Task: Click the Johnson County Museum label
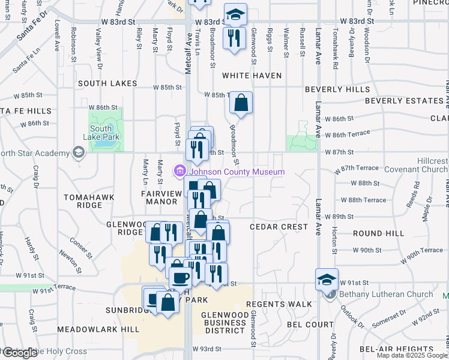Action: tap(237, 172)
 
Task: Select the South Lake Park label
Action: tap(105, 133)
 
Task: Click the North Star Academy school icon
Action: tap(77, 154)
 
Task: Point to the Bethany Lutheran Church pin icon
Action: tap(330, 294)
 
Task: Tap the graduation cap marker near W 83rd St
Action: tap(235, 14)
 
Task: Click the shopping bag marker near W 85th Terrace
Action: tap(241, 103)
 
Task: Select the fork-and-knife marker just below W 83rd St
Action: tap(234, 38)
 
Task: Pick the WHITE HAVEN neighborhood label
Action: tap(252, 76)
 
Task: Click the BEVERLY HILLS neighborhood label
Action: tap(337, 89)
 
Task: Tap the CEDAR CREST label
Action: tap(279, 227)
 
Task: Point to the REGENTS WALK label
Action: tap(279, 304)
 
